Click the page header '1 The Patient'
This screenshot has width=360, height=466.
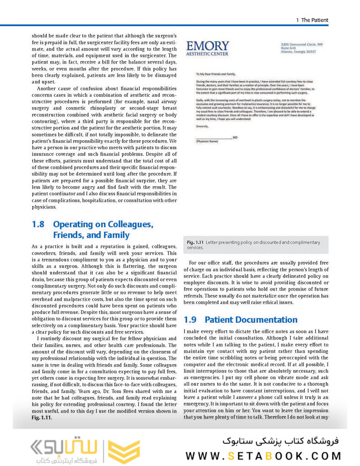pos(312,20)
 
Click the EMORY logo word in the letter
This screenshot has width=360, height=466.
pos(208,46)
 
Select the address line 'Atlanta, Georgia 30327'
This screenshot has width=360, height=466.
pos(298,52)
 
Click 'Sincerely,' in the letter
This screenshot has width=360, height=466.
pos(202,126)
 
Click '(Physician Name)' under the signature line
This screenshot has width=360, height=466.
pos(207,141)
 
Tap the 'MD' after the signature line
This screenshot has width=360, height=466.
pos(235,137)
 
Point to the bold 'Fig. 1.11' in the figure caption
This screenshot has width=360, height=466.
pos(195,242)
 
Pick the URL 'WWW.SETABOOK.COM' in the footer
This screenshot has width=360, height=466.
pos(263,456)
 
